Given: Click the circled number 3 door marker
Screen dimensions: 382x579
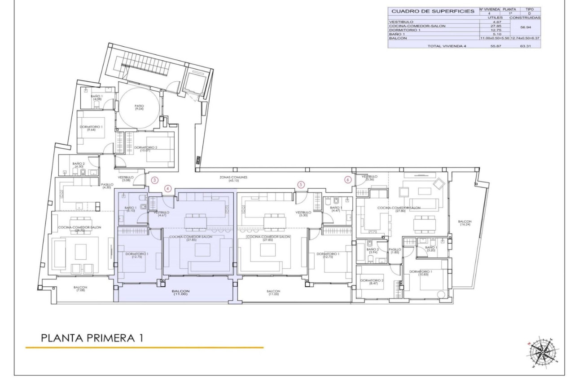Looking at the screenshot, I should [x=155, y=180].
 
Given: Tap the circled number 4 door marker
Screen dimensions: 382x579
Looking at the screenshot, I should [x=168, y=189].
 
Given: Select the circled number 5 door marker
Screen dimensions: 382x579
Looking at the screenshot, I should [x=301, y=184].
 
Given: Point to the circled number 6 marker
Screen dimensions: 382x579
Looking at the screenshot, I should [x=348, y=179].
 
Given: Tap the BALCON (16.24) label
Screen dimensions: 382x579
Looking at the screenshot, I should [x=465, y=223].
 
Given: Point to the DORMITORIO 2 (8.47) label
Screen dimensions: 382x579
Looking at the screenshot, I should [x=372, y=282].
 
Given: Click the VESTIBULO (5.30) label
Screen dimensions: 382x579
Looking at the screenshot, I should [x=303, y=213].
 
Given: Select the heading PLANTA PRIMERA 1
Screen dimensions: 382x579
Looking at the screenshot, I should [x=92, y=338].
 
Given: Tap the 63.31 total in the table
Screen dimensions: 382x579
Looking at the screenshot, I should [x=525, y=46].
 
